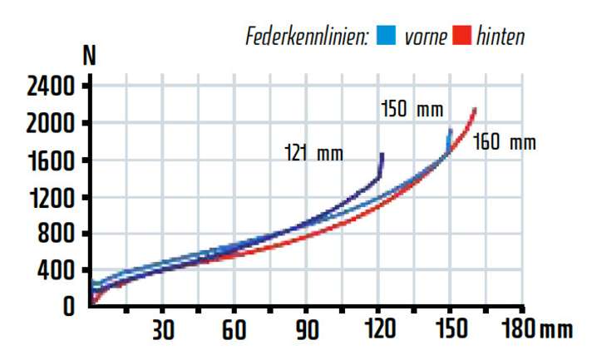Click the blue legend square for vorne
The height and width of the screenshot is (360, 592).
point(384,36)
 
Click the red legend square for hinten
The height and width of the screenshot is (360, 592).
point(462,36)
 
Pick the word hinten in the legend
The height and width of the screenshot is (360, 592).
point(501,37)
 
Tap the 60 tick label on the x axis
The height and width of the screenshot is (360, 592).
point(234,329)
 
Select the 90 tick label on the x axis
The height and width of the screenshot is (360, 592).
point(306,329)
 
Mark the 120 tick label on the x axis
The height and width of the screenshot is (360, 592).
point(378,329)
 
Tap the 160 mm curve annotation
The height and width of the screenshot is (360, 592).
point(505,142)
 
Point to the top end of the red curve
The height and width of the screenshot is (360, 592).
point(474,108)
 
